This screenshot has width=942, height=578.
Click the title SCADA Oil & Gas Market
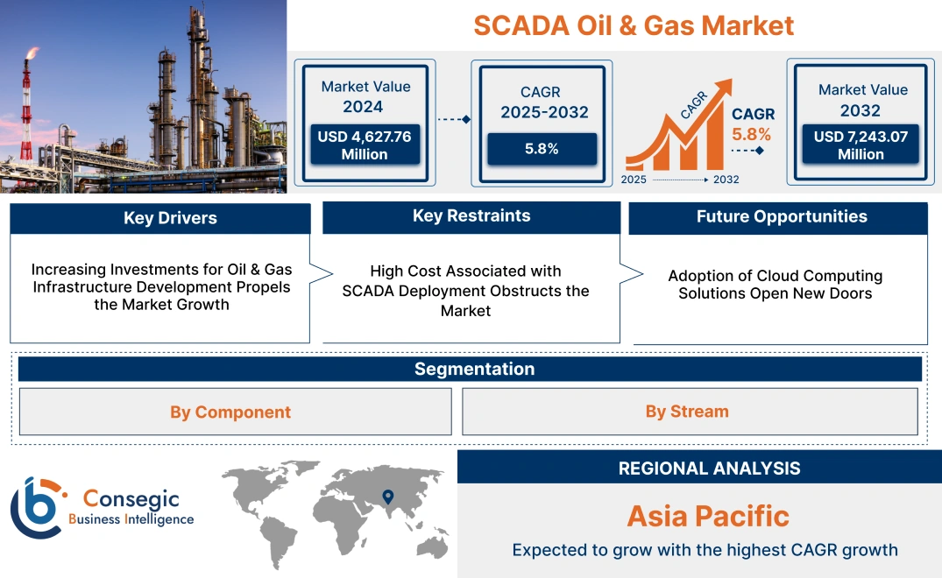(634, 25)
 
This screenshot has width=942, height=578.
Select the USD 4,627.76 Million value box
(365, 144)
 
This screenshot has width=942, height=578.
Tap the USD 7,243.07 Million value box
(861, 144)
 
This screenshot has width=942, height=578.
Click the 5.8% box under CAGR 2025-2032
(542, 149)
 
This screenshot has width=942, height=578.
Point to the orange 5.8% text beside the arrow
(752, 134)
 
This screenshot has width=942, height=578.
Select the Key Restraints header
(471, 216)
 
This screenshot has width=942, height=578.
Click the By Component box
(230, 412)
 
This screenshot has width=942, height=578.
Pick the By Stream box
(687, 411)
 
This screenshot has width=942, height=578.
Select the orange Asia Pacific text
(708, 516)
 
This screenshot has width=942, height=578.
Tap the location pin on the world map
(386, 499)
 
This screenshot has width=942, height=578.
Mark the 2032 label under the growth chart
(726, 180)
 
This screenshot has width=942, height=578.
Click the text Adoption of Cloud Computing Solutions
(775, 285)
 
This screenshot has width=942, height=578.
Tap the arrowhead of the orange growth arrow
(724, 86)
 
